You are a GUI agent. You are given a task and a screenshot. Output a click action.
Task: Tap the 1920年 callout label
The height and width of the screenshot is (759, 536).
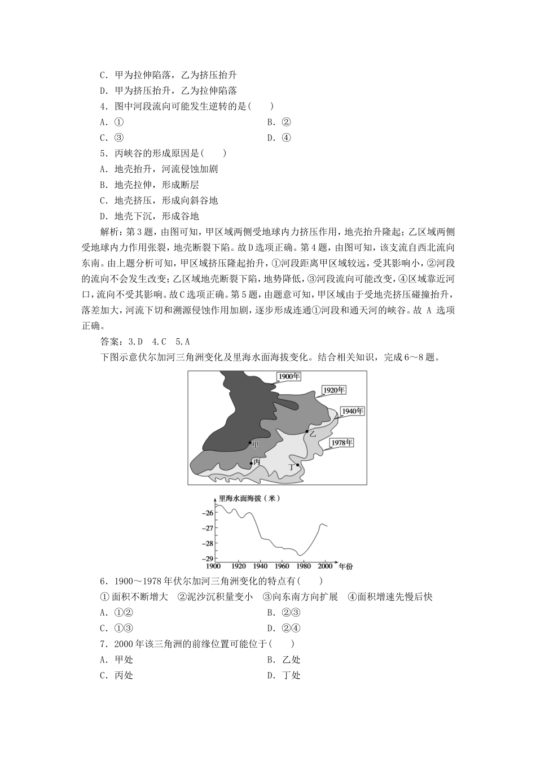pyautogui.click(x=333, y=390)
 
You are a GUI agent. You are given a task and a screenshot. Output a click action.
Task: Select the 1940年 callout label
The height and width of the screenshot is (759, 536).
pyautogui.click(x=353, y=411)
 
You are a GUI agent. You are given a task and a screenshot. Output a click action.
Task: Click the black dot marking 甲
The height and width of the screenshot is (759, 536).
pyautogui.click(x=250, y=443)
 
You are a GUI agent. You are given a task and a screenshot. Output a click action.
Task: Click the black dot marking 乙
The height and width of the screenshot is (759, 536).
pyautogui.click(x=306, y=432)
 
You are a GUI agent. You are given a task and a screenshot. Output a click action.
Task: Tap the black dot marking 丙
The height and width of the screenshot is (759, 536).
pyautogui.click(x=251, y=464)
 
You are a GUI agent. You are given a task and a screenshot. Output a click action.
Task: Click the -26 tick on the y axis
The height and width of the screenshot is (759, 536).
pyautogui.click(x=207, y=513)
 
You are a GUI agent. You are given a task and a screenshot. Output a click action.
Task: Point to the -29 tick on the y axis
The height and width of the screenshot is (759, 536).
pyautogui.click(x=207, y=558)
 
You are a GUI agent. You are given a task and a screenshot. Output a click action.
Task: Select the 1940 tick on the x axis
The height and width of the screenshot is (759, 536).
pyautogui.click(x=260, y=565)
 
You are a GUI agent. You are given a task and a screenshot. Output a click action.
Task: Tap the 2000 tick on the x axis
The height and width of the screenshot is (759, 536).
pyautogui.click(x=326, y=565)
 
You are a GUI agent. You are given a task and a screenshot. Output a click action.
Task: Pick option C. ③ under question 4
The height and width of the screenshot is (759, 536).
pyautogui.click(x=112, y=138)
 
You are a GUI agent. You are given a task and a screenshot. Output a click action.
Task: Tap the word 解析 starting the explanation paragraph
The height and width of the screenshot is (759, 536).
pyautogui.click(x=109, y=232)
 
